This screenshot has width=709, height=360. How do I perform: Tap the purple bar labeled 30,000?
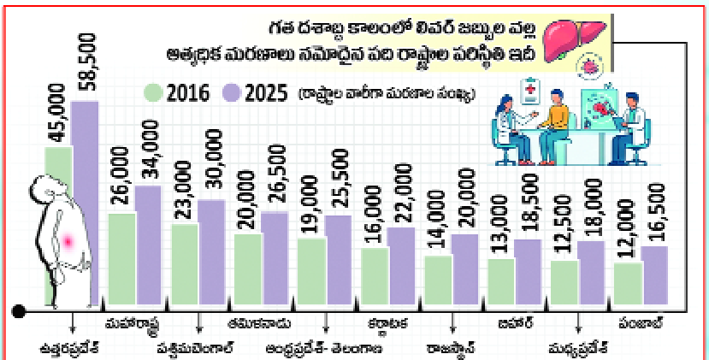(211, 254)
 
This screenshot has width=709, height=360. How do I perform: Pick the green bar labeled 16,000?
(374, 277)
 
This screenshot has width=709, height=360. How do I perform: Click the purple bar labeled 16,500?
(654, 277)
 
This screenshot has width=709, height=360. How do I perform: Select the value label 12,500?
(563, 224)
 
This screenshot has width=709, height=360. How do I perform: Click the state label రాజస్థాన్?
(450, 348)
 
